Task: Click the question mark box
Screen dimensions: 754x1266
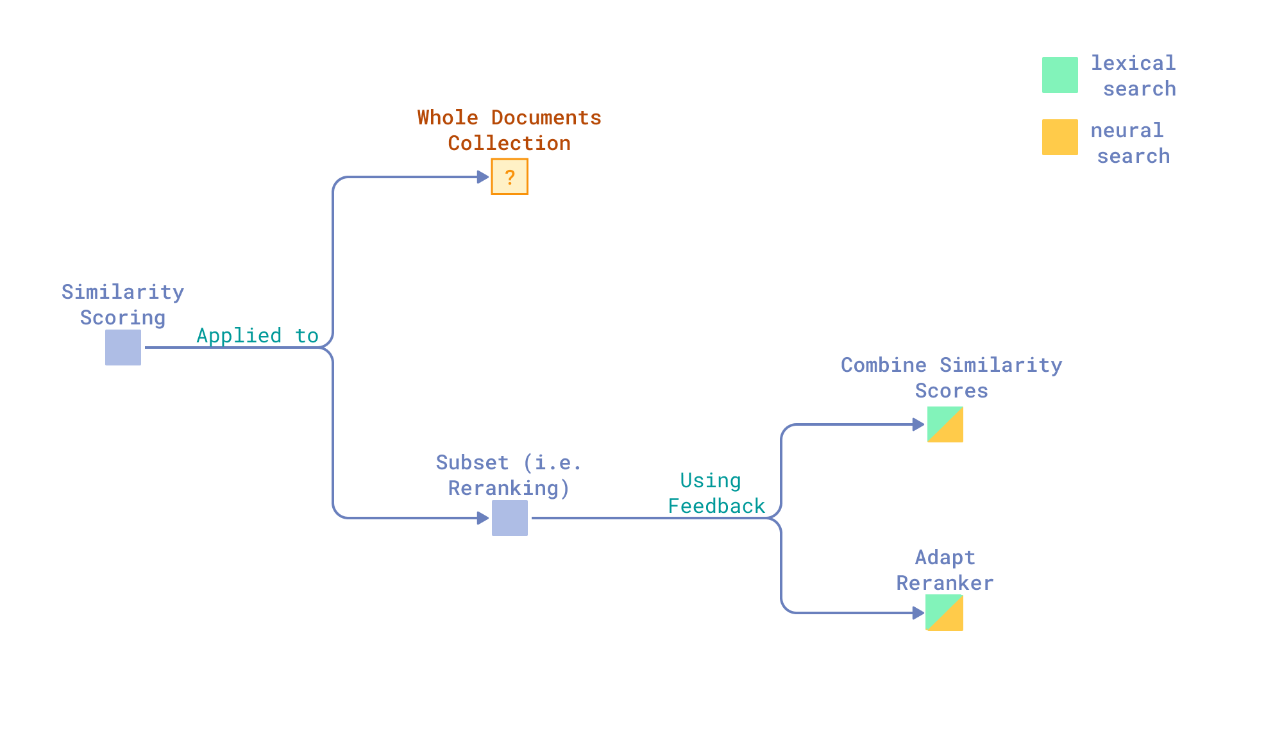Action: (x=509, y=176)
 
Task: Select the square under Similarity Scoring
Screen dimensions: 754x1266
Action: (x=123, y=348)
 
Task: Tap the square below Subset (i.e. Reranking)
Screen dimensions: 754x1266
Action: (x=510, y=518)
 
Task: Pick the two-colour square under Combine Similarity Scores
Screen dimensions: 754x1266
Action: (x=945, y=424)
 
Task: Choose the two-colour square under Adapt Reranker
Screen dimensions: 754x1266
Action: (x=944, y=613)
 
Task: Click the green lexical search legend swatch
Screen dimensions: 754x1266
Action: (x=1059, y=75)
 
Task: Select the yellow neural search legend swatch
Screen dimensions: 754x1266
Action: (x=1059, y=137)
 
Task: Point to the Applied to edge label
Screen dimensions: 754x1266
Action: (x=257, y=335)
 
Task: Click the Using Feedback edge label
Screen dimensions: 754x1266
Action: (x=716, y=493)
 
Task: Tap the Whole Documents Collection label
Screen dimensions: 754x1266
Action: (x=509, y=130)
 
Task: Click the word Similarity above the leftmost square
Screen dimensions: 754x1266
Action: (x=122, y=292)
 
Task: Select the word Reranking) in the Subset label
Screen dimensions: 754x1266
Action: (x=509, y=488)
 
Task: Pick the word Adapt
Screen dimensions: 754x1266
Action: (x=945, y=557)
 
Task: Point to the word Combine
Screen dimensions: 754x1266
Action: (x=883, y=365)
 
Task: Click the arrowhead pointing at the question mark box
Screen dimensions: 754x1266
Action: (x=483, y=177)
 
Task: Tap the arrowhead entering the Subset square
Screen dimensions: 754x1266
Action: (x=483, y=518)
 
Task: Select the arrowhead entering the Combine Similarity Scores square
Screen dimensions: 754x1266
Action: (x=918, y=424)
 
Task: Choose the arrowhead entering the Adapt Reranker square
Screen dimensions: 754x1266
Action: (x=918, y=613)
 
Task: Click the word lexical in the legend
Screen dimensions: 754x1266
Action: (x=1133, y=63)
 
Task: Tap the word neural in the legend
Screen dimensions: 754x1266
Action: (x=1127, y=130)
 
